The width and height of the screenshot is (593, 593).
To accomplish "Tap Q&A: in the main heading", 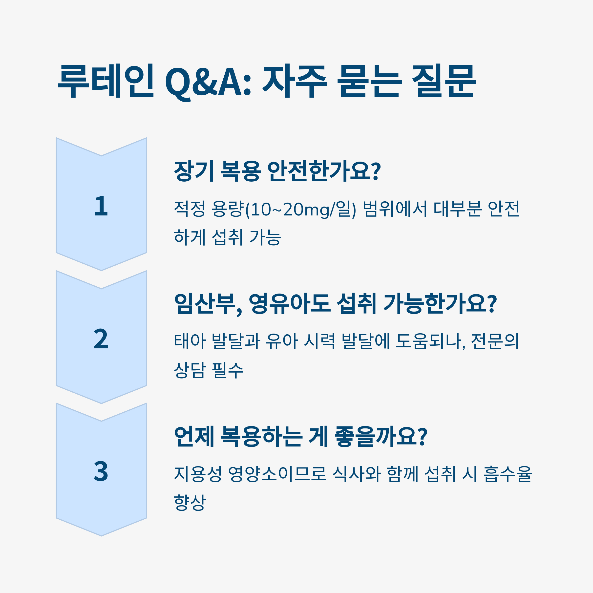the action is pos(208,82).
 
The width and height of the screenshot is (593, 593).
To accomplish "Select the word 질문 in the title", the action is pos(444,81).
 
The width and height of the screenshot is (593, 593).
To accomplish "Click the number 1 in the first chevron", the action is pos(101,206).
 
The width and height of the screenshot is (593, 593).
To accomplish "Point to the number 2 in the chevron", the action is pos(101,339).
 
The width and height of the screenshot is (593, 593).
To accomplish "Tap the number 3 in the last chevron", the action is pos(101,471).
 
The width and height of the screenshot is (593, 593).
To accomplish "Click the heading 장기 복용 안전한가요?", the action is pos(277,171).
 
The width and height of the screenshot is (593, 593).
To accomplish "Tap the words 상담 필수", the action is pos(209,370).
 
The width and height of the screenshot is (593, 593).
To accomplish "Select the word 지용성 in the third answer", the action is pos(198,474).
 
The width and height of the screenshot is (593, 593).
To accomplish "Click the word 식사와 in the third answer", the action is pos(357,474).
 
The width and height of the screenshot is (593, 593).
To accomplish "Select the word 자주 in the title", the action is pos(295,81).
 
